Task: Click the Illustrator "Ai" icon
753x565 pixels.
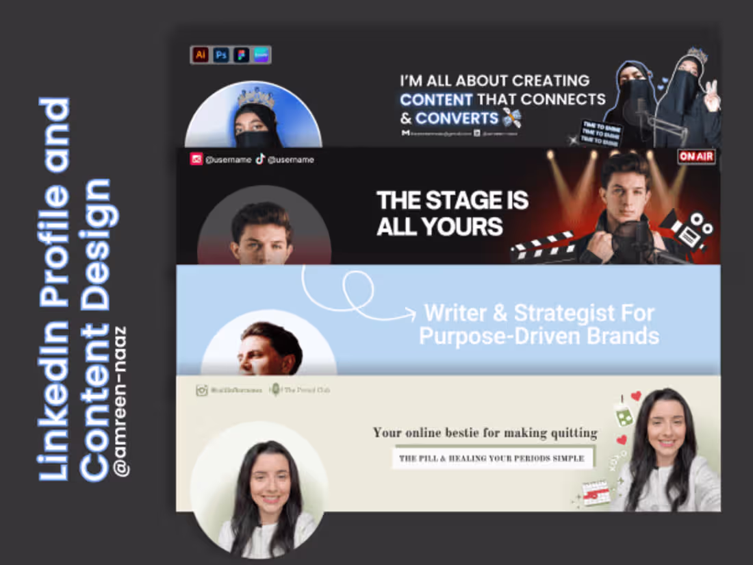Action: pyautogui.click(x=201, y=55)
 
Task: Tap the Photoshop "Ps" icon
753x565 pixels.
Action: pyautogui.click(x=220, y=55)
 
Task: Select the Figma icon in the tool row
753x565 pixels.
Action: pyautogui.click(x=241, y=55)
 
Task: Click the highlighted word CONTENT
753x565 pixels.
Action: pyautogui.click(x=437, y=99)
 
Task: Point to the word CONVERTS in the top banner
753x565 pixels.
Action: pyautogui.click(x=457, y=118)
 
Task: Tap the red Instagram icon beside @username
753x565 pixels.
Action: pyautogui.click(x=197, y=160)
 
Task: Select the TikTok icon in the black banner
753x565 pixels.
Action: pyautogui.click(x=260, y=160)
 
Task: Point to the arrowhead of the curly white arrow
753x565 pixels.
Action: pyautogui.click(x=411, y=314)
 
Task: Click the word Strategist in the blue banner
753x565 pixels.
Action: pyautogui.click(x=566, y=314)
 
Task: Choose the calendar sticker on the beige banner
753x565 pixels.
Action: pyautogui.click(x=596, y=492)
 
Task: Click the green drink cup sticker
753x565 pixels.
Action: pyautogui.click(x=624, y=412)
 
